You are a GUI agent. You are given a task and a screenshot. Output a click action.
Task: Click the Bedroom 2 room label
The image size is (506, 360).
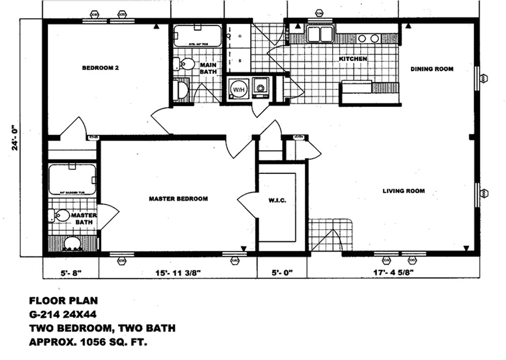pyautogui.click(x=100, y=68)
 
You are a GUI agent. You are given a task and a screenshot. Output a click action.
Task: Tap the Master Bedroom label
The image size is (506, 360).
pyautogui.click(x=178, y=199)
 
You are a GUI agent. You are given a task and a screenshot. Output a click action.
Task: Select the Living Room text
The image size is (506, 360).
pyautogui.click(x=404, y=191)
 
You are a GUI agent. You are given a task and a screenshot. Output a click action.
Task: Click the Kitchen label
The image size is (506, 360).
pyautogui.click(x=353, y=59)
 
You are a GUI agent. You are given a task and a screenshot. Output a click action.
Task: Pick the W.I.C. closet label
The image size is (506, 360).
pyautogui.click(x=277, y=200)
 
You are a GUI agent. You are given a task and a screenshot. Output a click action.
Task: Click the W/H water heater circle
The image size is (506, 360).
pyautogui.click(x=238, y=89)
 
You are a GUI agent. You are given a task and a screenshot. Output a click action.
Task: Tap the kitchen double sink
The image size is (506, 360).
pyautogui.click(x=320, y=35)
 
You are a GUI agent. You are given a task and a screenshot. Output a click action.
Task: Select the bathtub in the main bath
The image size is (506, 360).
pyautogui.click(x=197, y=36)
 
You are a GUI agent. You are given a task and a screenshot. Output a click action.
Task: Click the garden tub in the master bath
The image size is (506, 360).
pyautogui.click(x=72, y=179)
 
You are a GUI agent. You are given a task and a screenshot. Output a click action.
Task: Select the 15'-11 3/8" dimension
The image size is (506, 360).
pyautogui.click(x=178, y=273)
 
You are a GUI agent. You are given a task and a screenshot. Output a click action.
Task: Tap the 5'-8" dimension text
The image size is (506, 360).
pyautogui.click(x=71, y=273)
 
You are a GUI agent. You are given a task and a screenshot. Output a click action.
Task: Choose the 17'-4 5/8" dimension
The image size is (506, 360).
pyautogui.click(x=393, y=273)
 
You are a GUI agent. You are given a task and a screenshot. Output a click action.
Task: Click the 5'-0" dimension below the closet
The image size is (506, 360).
pyautogui.click(x=281, y=273)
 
